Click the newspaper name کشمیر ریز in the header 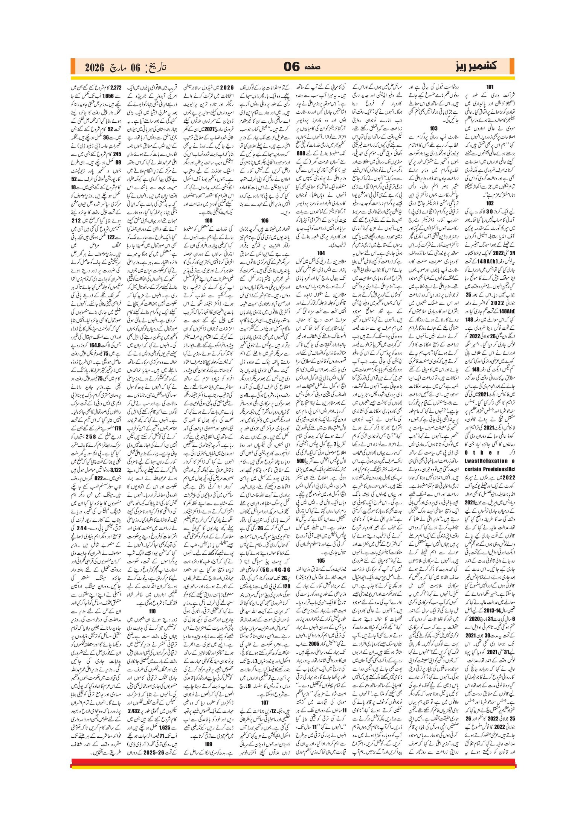(476, 66)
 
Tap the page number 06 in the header (291, 67)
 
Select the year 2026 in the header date (94, 67)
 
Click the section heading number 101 (490, 87)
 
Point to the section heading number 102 (490, 203)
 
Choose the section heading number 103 (434, 128)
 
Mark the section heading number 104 (321, 253)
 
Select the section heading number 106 (265, 221)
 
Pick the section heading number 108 (208, 221)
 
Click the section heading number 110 (152, 611)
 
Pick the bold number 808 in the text (301, 153)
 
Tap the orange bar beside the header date (73, 67)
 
